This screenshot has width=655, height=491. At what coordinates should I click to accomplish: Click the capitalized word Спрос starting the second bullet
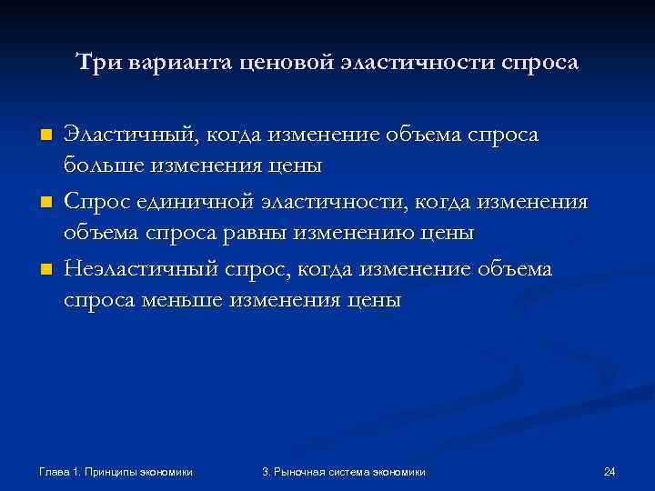[x=93, y=200]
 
